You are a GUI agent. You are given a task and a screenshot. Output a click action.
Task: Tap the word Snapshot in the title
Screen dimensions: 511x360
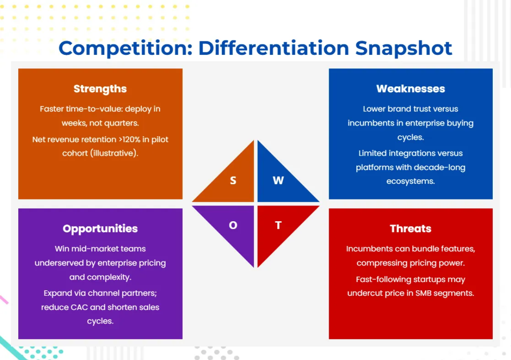[404, 49]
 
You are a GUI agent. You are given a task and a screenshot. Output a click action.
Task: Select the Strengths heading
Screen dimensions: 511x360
[100, 89]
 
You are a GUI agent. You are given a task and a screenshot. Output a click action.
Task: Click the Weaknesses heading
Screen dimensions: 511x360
[411, 89]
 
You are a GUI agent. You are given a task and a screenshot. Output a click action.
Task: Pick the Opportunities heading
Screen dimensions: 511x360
[100, 229]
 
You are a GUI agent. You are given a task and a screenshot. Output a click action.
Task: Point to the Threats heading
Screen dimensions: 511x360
[411, 229]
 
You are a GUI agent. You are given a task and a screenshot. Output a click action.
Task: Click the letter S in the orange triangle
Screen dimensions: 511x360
[233, 180]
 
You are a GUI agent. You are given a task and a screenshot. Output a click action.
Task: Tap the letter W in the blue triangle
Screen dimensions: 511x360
[278, 180]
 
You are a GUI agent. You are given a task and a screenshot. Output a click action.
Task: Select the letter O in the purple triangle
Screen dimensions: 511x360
[233, 225]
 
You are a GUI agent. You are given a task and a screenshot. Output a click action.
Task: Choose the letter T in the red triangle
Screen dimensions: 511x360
[278, 225]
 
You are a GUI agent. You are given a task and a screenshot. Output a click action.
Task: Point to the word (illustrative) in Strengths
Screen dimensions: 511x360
[114, 153]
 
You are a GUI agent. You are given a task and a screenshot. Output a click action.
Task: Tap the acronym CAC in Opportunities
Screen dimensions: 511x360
[79, 307]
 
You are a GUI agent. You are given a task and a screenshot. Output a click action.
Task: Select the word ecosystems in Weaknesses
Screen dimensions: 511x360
[411, 181]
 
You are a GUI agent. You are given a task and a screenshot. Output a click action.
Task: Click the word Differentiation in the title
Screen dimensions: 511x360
[274, 49]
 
